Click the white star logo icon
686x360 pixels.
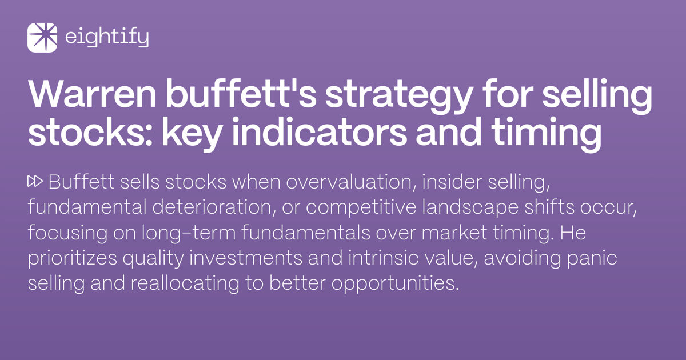point(42,38)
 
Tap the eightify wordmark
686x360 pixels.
point(107,38)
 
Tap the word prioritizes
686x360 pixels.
point(72,258)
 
